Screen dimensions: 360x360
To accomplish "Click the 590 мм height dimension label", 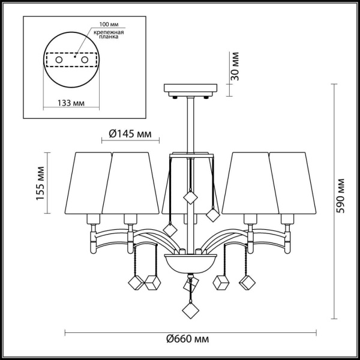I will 341,193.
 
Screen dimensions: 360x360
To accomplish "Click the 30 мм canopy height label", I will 235,67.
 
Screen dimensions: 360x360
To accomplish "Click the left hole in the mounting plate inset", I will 59,60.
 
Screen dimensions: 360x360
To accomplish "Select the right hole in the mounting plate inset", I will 85,60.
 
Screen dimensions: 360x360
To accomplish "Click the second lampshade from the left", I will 132,182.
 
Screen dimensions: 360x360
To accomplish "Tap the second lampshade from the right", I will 249,182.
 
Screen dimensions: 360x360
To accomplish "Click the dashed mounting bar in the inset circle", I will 71,60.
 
